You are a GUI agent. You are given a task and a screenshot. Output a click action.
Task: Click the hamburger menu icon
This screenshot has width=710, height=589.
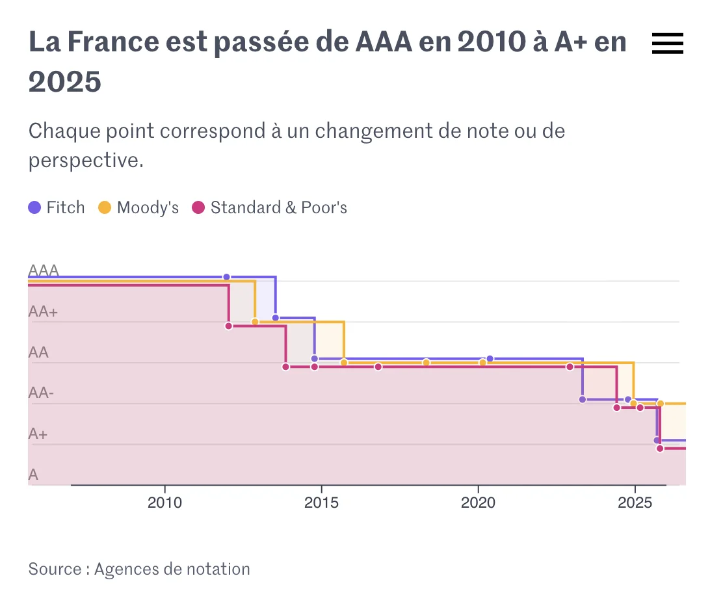667,44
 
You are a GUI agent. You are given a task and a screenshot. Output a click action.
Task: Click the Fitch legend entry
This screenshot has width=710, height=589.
57,208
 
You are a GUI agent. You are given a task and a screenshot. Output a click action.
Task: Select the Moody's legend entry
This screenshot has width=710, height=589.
138,208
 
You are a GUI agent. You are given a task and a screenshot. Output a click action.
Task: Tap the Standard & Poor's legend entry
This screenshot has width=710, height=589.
270,208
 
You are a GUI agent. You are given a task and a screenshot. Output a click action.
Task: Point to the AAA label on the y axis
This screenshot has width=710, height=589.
44,271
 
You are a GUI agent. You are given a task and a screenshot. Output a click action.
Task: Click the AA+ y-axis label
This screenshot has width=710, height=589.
43,312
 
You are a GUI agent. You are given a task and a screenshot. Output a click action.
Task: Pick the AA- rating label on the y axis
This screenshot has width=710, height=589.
41,393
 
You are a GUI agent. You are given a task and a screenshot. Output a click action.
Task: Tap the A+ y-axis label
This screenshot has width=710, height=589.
38,434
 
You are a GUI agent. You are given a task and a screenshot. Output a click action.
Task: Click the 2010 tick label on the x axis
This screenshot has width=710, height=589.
164,503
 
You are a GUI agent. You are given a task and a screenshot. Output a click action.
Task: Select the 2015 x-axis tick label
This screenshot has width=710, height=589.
321,503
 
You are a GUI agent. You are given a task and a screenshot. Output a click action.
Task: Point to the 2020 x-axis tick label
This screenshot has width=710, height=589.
478,503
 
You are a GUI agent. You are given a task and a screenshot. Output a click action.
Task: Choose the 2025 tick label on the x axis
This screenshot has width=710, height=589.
635,503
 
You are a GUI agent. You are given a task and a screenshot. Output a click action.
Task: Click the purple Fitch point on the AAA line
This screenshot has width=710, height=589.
226,277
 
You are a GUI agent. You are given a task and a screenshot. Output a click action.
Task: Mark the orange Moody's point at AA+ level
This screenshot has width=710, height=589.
255,322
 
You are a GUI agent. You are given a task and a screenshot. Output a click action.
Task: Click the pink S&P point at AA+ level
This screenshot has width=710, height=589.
228,326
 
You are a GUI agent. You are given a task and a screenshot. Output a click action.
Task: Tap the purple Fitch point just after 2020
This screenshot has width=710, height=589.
490,359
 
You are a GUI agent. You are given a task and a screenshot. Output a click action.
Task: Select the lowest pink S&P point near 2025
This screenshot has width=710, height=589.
660,449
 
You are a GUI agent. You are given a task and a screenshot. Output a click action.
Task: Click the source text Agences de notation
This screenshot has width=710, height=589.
172,569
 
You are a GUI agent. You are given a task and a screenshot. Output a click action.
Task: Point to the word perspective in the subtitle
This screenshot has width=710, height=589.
85,160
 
